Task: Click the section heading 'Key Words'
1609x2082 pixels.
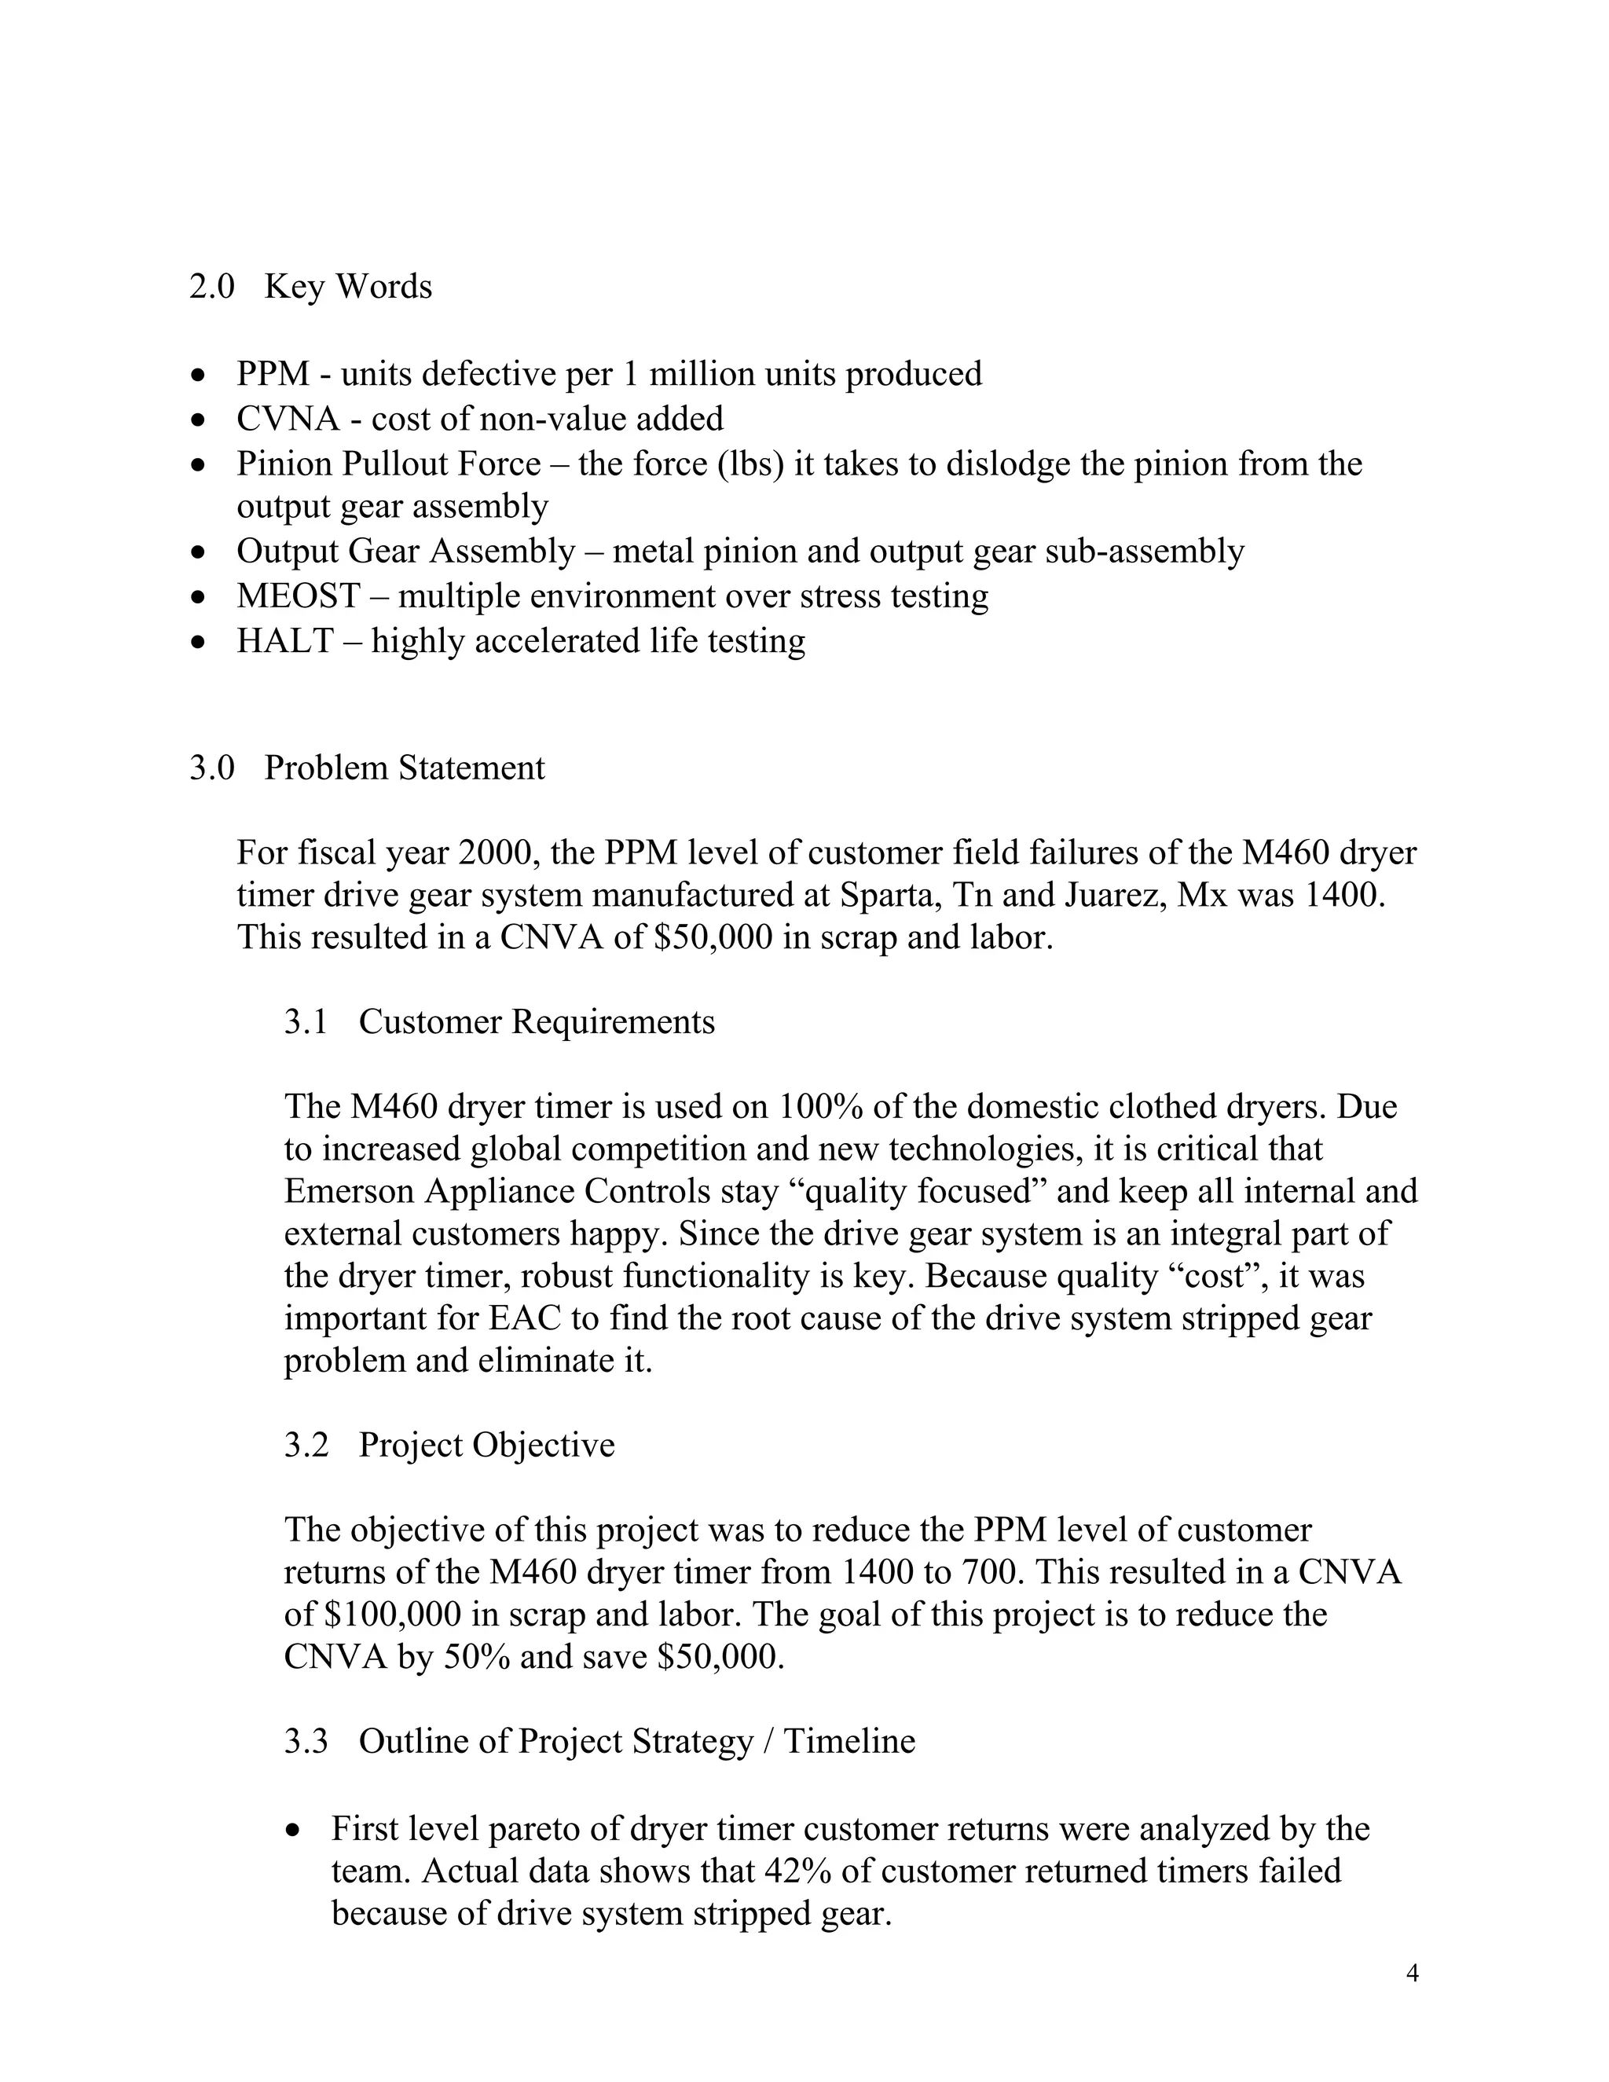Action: coord(347,286)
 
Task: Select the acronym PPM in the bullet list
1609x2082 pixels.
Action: coord(273,374)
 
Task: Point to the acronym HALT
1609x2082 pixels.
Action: coord(284,640)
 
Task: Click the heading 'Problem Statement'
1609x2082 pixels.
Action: coord(404,768)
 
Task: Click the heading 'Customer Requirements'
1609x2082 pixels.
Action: coord(536,1022)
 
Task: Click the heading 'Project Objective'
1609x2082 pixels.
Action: coord(486,1445)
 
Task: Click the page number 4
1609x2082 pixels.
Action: coord(1412,1974)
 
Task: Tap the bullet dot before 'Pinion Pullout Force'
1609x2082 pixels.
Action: coord(197,465)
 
